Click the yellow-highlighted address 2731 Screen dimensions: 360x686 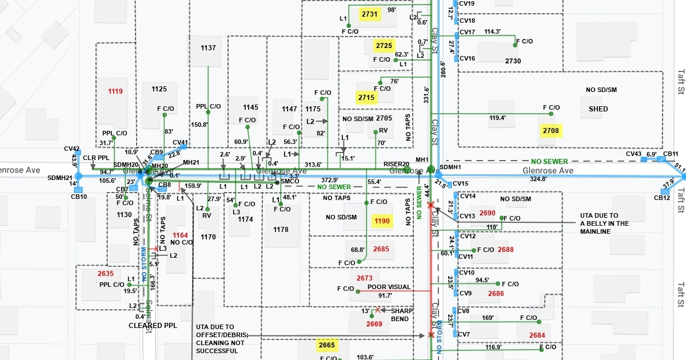370,14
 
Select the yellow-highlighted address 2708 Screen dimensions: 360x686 551,131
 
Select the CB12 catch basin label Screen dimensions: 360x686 662,198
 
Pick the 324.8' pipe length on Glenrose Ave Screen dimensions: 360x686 578,179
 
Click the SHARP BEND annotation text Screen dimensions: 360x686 401,314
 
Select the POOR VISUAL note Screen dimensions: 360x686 390,287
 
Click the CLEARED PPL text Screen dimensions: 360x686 153,326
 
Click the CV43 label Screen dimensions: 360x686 634,154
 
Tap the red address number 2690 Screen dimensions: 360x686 488,213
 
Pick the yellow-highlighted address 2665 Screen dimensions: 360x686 327,345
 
